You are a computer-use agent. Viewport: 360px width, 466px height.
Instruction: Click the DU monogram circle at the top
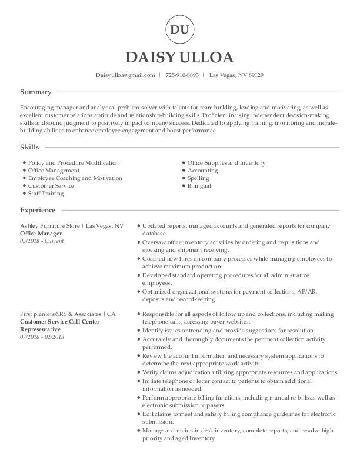(180, 29)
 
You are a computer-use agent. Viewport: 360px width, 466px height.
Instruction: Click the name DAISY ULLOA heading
(180, 57)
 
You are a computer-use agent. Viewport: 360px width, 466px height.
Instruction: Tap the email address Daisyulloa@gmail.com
(125, 75)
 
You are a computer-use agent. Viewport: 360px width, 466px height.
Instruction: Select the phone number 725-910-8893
(182, 75)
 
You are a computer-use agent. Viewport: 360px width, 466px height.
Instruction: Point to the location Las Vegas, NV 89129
(236, 75)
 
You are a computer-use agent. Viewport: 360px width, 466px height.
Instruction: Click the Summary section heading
(36, 92)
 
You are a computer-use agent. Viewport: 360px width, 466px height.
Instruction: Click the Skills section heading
(30, 147)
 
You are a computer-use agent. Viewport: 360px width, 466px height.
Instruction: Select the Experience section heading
(38, 210)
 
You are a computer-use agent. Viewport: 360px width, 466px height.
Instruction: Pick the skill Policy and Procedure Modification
(73, 163)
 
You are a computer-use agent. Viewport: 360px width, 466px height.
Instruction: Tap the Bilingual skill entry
(199, 186)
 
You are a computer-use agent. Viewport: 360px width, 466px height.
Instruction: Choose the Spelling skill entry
(198, 178)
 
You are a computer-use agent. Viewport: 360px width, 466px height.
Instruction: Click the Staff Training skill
(46, 194)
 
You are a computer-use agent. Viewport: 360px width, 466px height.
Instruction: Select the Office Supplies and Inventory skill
(226, 163)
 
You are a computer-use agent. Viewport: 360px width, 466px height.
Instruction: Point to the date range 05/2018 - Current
(42, 241)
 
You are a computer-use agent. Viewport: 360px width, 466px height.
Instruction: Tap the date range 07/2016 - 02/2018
(42, 337)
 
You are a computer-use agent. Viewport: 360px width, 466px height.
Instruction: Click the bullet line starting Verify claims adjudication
(241, 372)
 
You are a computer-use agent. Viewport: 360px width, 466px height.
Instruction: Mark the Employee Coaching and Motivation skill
(75, 178)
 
